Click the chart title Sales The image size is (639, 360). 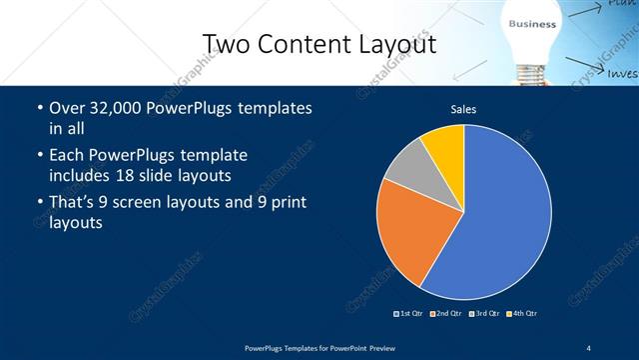coord(463,109)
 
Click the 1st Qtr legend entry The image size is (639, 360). coord(408,314)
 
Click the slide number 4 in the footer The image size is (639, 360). coord(589,347)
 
